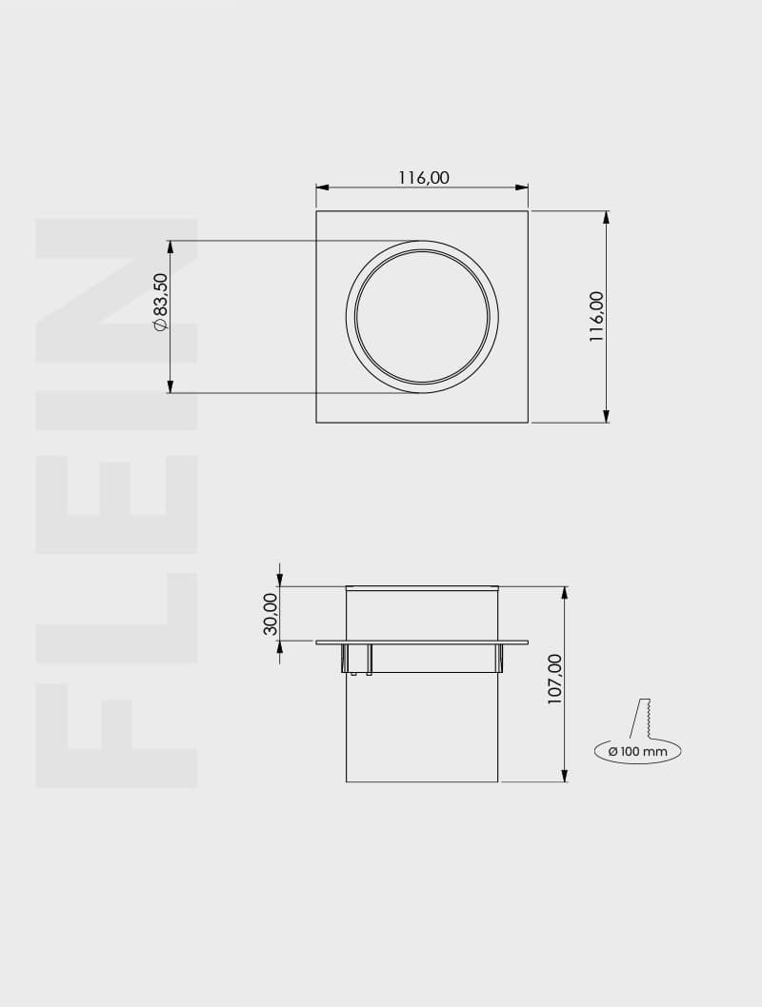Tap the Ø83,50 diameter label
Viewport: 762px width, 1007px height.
[x=160, y=302]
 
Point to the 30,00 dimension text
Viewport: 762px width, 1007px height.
[x=271, y=613]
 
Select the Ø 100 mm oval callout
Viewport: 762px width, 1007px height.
[x=637, y=751]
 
